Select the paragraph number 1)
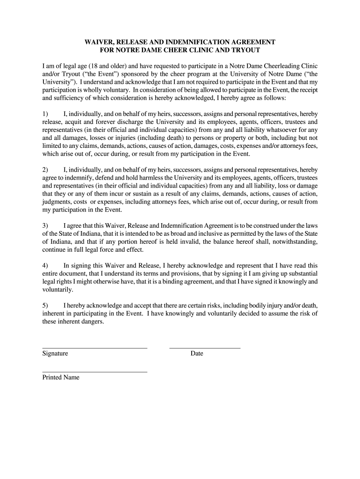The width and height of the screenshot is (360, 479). coord(45,114)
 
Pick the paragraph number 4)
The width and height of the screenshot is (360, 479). coord(45,266)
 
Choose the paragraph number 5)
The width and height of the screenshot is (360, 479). coord(45,305)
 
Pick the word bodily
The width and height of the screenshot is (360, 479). coord(234,305)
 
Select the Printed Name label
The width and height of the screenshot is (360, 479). coord(61,377)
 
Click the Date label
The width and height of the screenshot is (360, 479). coord(197,354)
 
